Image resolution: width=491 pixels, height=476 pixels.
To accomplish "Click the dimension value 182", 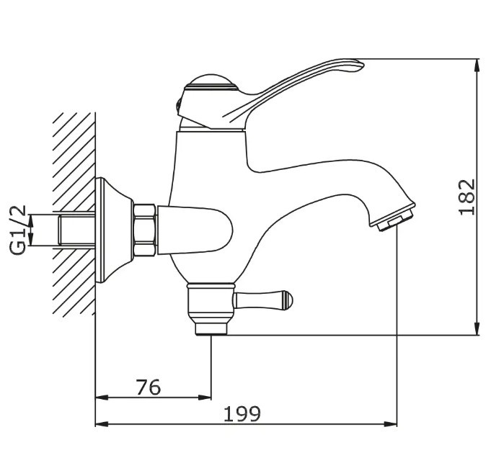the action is tap(467, 197).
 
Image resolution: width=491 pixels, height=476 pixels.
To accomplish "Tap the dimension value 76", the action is tap(148, 387).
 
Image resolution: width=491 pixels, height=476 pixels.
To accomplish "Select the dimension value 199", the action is tap(242, 414).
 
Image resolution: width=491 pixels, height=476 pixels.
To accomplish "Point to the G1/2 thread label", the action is tap(18, 230).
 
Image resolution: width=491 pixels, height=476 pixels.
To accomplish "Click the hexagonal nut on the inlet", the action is tap(144, 230).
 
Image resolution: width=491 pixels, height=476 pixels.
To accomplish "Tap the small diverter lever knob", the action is tap(262, 301).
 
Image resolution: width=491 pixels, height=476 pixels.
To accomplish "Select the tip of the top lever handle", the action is tap(363, 64).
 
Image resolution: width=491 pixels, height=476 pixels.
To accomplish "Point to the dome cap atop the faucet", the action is tap(211, 82).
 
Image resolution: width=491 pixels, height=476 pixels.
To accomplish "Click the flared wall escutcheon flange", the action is tap(112, 230).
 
